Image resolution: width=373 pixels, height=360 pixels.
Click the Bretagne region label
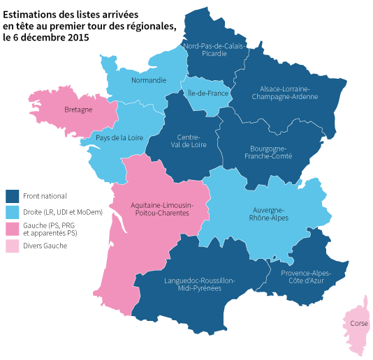click(x=78, y=110)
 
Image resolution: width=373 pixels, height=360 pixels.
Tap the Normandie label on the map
click(x=149, y=80)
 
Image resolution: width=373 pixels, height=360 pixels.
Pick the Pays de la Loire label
click(x=119, y=137)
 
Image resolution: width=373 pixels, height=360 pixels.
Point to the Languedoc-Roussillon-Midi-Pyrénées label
click(x=199, y=284)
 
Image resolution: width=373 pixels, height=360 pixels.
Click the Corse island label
click(x=360, y=324)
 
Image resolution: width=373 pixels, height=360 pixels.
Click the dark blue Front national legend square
click(x=12, y=197)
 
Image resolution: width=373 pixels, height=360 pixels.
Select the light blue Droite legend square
click(x=12, y=212)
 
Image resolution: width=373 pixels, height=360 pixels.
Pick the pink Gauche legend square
click(x=12, y=229)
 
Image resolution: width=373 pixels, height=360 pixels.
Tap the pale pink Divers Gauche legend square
click(x=12, y=246)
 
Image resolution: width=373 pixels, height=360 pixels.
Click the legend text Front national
click(x=45, y=197)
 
